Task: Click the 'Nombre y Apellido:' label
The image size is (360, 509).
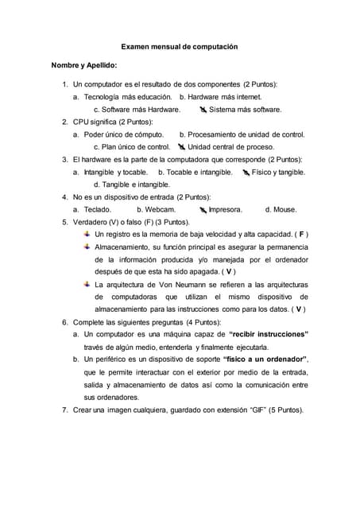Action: pyautogui.click(x=84, y=65)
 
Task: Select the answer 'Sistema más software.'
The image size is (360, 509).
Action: pyautogui.click(x=245, y=109)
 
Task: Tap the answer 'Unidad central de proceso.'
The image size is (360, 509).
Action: pyautogui.click(x=230, y=146)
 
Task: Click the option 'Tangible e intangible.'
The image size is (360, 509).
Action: pyautogui.click(x=126, y=185)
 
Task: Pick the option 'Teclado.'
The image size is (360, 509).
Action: pyautogui.click(x=98, y=209)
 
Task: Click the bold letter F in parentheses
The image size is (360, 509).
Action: pyautogui.click(x=302, y=235)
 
